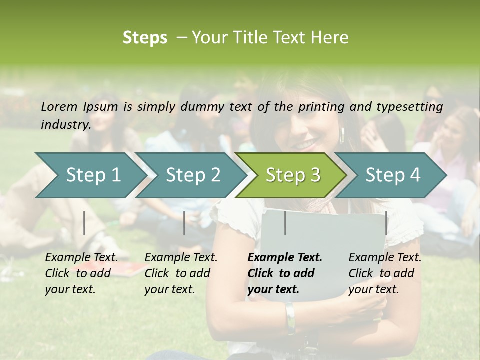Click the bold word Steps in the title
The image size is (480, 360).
(x=145, y=38)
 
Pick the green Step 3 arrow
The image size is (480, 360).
(x=293, y=175)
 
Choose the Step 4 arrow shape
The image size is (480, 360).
(x=393, y=175)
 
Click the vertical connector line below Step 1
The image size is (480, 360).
(x=84, y=223)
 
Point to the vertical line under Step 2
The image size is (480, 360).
(x=184, y=223)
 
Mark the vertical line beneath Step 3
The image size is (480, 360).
(x=285, y=223)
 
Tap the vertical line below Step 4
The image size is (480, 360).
(x=386, y=223)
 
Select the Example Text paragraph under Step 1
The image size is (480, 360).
(x=81, y=273)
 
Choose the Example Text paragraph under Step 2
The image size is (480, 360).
(x=181, y=273)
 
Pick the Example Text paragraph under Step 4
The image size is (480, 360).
(x=385, y=273)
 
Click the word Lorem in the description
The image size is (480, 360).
(x=59, y=106)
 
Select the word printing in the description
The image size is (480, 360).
(x=322, y=106)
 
